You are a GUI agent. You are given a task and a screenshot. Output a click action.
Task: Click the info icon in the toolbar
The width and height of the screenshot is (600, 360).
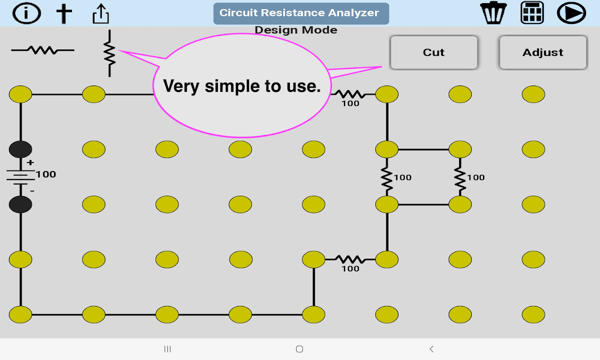[x=27, y=13]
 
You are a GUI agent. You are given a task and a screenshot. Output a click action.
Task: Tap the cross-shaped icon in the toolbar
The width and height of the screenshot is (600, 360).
[x=64, y=13]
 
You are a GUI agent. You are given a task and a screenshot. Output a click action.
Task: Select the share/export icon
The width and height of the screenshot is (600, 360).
[x=101, y=13]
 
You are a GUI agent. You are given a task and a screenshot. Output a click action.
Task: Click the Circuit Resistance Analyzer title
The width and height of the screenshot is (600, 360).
[x=301, y=13]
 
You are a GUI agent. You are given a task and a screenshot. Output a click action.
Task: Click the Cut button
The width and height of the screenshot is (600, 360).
[x=433, y=53]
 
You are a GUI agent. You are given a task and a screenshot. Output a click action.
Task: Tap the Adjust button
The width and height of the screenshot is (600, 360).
[x=543, y=53]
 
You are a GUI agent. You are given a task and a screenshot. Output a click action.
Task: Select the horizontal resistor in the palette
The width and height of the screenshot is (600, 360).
[x=43, y=50]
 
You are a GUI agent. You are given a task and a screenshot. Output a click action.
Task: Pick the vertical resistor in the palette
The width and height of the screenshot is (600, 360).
[x=109, y=53]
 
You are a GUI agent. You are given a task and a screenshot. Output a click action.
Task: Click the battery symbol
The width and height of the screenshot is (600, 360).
[x=20, y=176]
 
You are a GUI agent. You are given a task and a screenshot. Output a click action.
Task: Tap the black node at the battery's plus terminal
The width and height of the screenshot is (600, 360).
[x=20, y=149]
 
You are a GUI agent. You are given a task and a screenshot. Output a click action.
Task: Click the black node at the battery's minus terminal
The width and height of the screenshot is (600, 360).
[x=20, y=204]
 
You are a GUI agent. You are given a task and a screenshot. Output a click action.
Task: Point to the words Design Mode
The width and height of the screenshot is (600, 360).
[x=296, y=30]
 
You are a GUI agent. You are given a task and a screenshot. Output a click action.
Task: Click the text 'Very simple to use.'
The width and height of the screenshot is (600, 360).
[x=242, y=86]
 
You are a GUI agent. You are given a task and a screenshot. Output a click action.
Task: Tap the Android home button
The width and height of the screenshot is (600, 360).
[x=299, y=349]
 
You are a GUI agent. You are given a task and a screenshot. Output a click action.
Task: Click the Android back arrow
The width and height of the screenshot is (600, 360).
[x=431, y=349]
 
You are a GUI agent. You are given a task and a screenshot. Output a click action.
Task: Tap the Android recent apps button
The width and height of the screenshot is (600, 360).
[x=167, y=349]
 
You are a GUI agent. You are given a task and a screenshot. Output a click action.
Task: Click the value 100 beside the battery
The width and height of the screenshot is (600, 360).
[x=46, y=174]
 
